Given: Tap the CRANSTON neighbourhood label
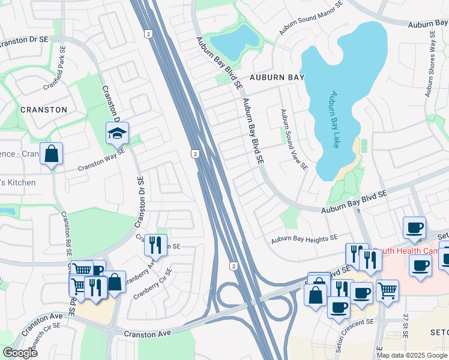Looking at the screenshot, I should (x=44, y=110).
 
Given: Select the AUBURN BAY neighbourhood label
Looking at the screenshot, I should (x=277, y=77).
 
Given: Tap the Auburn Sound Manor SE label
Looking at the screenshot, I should (x=310, y=18).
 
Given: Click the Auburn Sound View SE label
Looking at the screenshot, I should (x=295, y=139).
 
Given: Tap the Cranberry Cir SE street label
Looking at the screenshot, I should (x=152, y=284).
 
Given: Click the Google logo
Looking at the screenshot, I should (x=20, y=352).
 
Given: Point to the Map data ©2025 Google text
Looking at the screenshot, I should (x=412, y=355).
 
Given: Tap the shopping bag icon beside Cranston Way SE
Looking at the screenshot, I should (x=52, y=154).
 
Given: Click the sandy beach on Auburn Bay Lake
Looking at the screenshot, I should (x=351, y=162).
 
